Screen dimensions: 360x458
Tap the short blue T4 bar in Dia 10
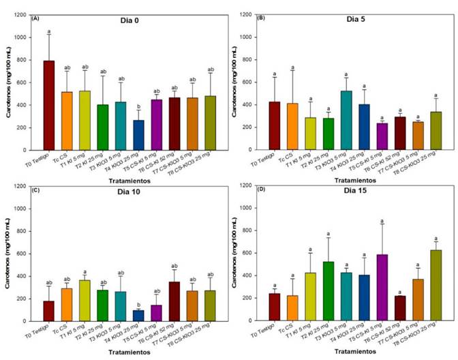click(138, 315)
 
